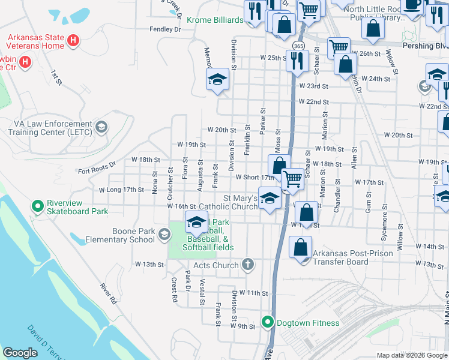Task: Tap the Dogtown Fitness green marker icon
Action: point(268,323)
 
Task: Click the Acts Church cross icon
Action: point(247,265)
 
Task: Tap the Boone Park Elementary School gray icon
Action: point(164,235)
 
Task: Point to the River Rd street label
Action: point(108,293)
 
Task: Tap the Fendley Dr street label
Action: point(165,29)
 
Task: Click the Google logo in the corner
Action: point(20,353)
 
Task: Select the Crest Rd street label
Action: point(175,289)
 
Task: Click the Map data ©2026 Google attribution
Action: point(412,355)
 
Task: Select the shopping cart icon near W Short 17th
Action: point(292,178)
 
